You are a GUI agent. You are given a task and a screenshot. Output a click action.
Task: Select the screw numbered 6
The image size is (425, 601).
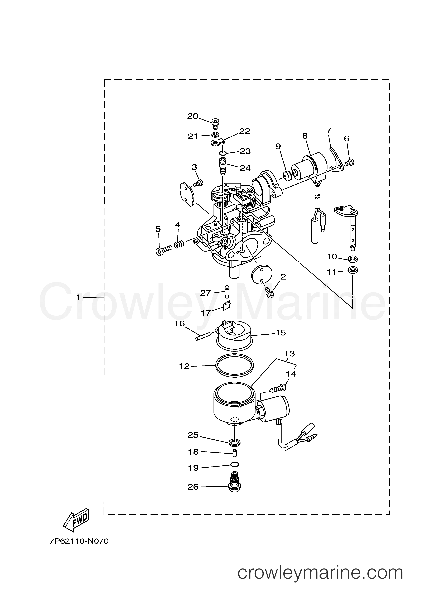pyautogui.click(x=349, y=163)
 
